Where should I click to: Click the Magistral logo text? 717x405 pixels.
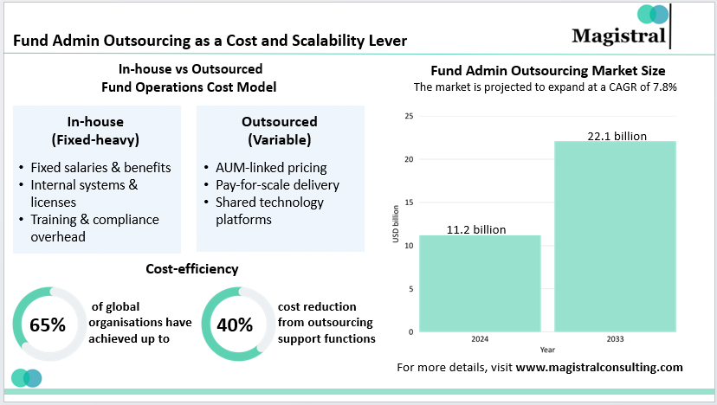(x=618, y=35)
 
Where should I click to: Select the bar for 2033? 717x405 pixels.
(x=615, y=237)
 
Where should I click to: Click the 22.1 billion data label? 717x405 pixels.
(x=616, y=135)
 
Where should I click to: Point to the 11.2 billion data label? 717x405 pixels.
(x=476, y=229)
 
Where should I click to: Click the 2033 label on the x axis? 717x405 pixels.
(x=615, y=338)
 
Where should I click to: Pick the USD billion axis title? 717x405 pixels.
(x=396, y=223)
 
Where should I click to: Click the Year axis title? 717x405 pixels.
(x=547, y=350)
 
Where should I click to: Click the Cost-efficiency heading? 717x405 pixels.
(x=192, y=270)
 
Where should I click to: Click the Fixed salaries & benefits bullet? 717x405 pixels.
(x=100, y=167)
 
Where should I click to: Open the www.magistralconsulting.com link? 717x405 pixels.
(x=599, y=367)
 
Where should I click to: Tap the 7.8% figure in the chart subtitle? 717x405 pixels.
(x=662, y=87)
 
